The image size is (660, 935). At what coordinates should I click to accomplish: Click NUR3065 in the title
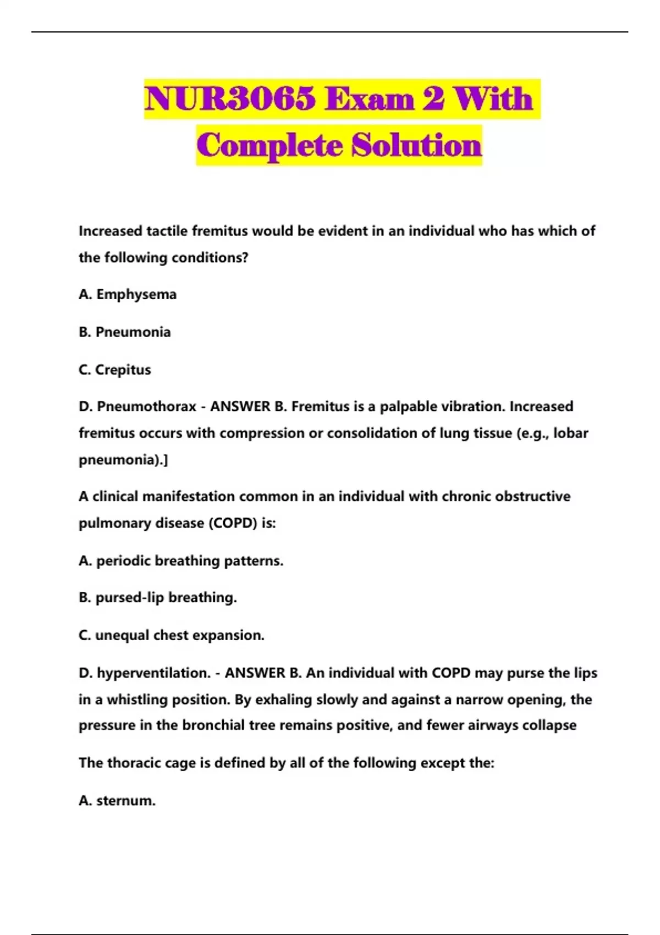point(230,99)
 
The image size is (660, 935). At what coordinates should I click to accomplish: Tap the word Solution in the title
point(416,145)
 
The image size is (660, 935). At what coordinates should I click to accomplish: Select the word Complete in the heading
point(269,145)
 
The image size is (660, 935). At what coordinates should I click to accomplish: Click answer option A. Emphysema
point(128,294)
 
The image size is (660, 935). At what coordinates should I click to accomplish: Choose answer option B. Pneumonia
point(125,332)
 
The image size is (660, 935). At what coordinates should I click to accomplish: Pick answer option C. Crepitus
point(115,370)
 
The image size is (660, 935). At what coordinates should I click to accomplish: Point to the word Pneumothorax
point(146,406)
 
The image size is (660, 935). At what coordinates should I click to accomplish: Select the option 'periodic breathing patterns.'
point(190,560)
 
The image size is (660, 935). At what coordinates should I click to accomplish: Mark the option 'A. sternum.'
point(117,800)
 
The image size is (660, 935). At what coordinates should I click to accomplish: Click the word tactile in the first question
point(167,231)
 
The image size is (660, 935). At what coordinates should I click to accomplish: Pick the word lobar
point(571,433)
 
